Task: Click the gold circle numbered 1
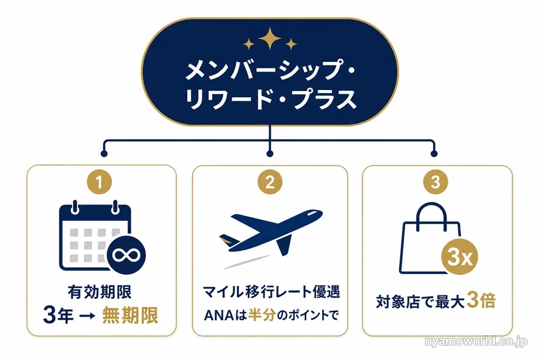pos(99,182)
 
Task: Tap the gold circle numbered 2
pos(270,182)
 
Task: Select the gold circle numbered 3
pos(436,182)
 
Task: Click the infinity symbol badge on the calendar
pos(127,255)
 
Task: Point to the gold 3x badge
pos(460,257)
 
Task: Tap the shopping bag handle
pos(431,215)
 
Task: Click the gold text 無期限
pos(130,315)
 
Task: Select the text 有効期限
pos(100,292)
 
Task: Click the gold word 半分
pos(262,315)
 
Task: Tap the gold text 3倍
pos(481,301)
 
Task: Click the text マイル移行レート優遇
pos(271,292)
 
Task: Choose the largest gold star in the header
pos(270,38)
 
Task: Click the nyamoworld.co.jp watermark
pos(476,341)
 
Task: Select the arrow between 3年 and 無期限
pos(87,316)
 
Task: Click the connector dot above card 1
pos(104,154)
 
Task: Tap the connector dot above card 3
pos(434,154)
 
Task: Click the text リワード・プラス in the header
pos(271,100)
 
